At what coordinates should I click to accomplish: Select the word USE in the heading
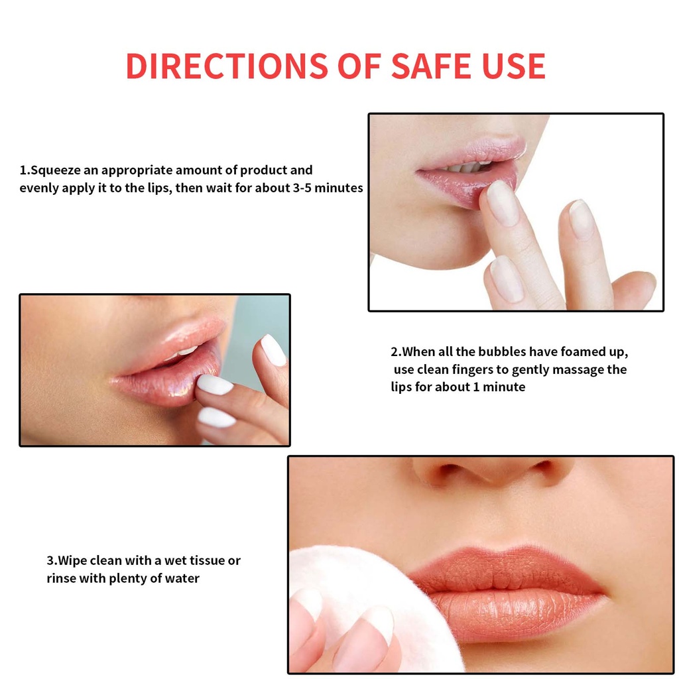point(514,66)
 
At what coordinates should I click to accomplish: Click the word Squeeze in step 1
point(56,170)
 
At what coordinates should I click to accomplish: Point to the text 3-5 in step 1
point(302,188)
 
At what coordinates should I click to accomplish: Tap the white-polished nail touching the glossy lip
point(214,385)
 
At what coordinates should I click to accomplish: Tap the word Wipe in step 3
point(72,560)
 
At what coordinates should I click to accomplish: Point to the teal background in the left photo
point(260,316)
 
